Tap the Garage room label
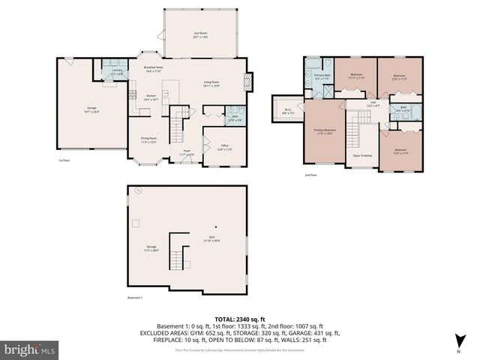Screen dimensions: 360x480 pyautogui.click(x=92, y=110)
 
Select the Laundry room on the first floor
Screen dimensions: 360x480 pyautogui.click(x=116, y=73)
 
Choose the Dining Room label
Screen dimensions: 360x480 pyautogui.click(x=148, y=139)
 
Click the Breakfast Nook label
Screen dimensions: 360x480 pyautogui.click(x=154, y=69)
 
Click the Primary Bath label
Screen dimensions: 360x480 pyautogui.click(x=322, y=76)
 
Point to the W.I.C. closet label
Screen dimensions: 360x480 pyautogui.click(x=287, y=114)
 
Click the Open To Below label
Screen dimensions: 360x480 pyautogui.click(x=362, y=155)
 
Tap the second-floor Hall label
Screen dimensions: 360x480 pyautogui.click(x=373, y=104)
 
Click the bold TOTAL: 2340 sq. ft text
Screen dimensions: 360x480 pyautogui.click(x=239, y=319)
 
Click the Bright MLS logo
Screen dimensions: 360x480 pyautogui.click(x=30, y=349)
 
